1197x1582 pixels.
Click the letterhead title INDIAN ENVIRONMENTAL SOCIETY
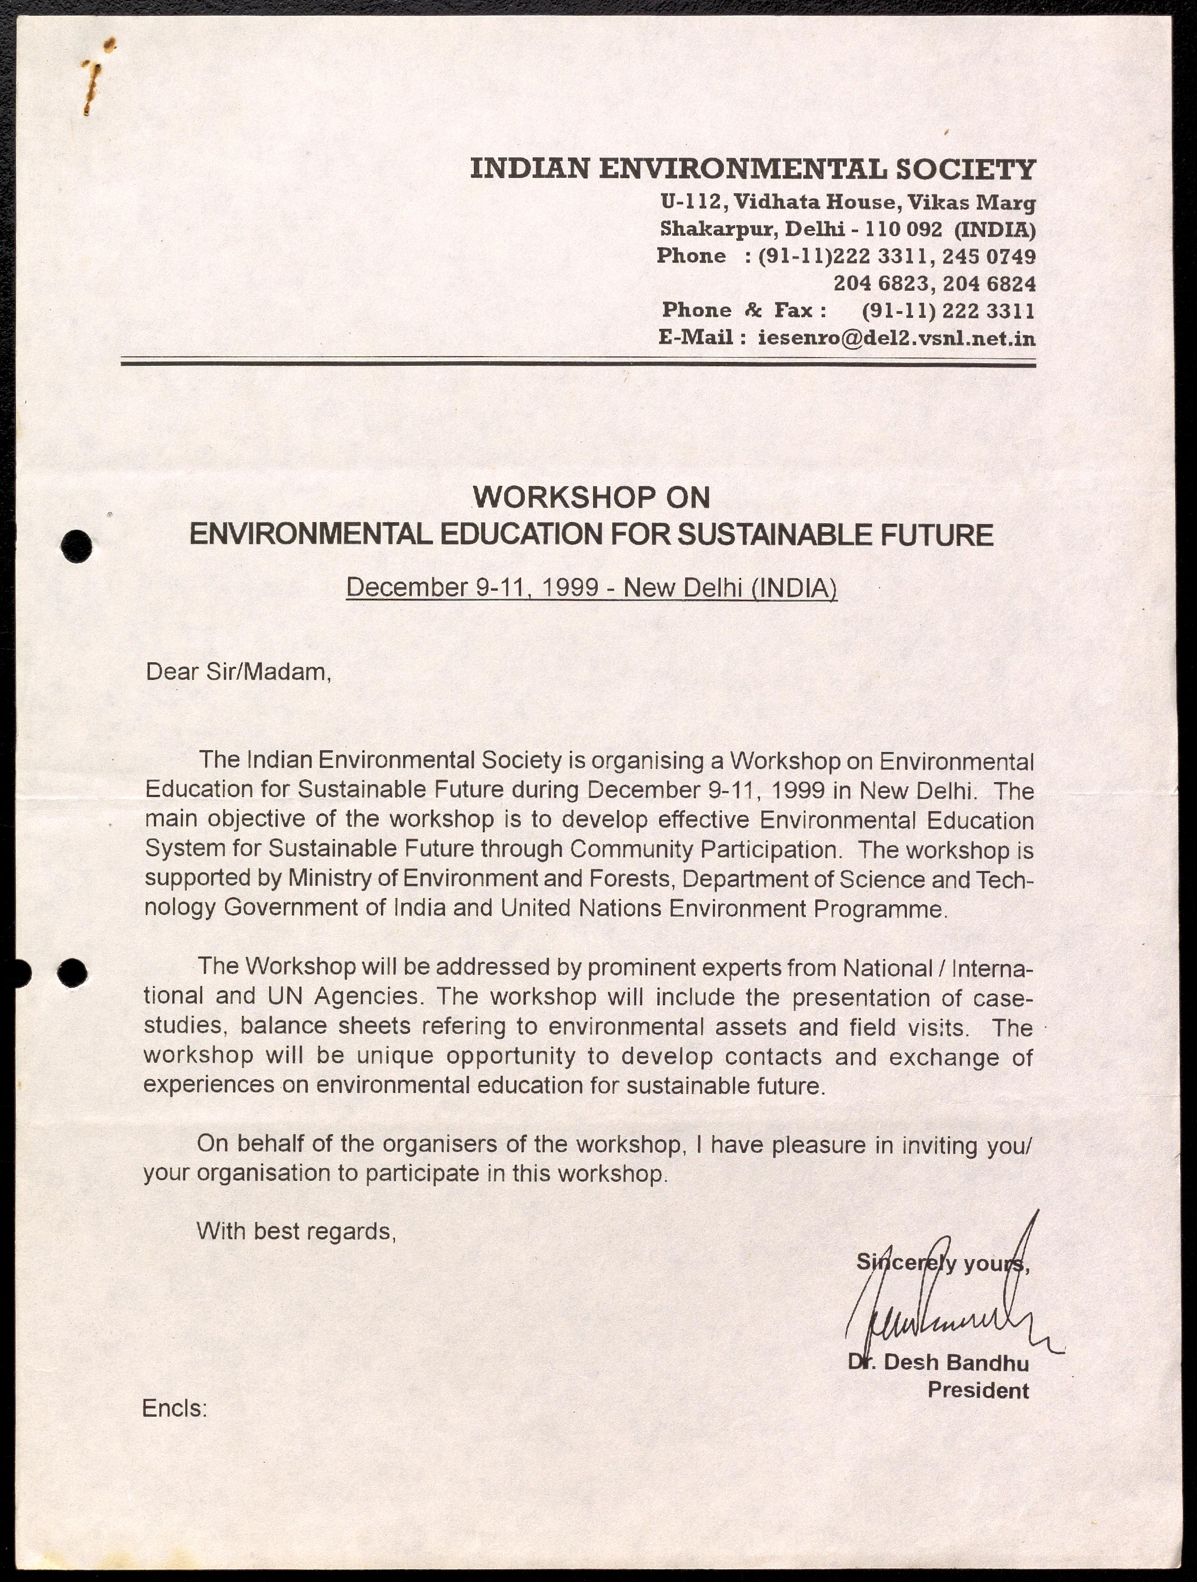752,169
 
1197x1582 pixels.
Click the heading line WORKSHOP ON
591,497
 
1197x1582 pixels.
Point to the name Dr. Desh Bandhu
938,1362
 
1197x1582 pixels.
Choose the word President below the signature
977,1391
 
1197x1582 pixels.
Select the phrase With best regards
296,1232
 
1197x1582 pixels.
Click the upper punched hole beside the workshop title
75,547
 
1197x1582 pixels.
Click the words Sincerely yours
942,1263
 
